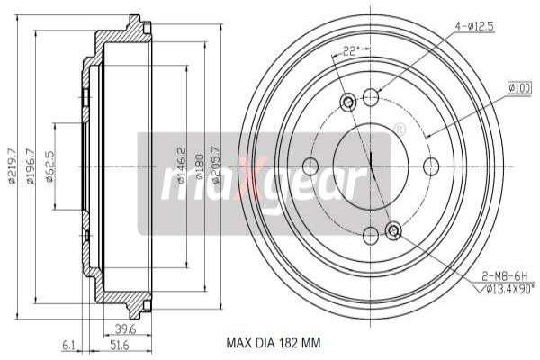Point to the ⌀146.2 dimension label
click(x=181, y=165)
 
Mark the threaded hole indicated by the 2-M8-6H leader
click(x=393, y=231)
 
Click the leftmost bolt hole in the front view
click(x=311, y=166)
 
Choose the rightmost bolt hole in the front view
click(x=430, y=166)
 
